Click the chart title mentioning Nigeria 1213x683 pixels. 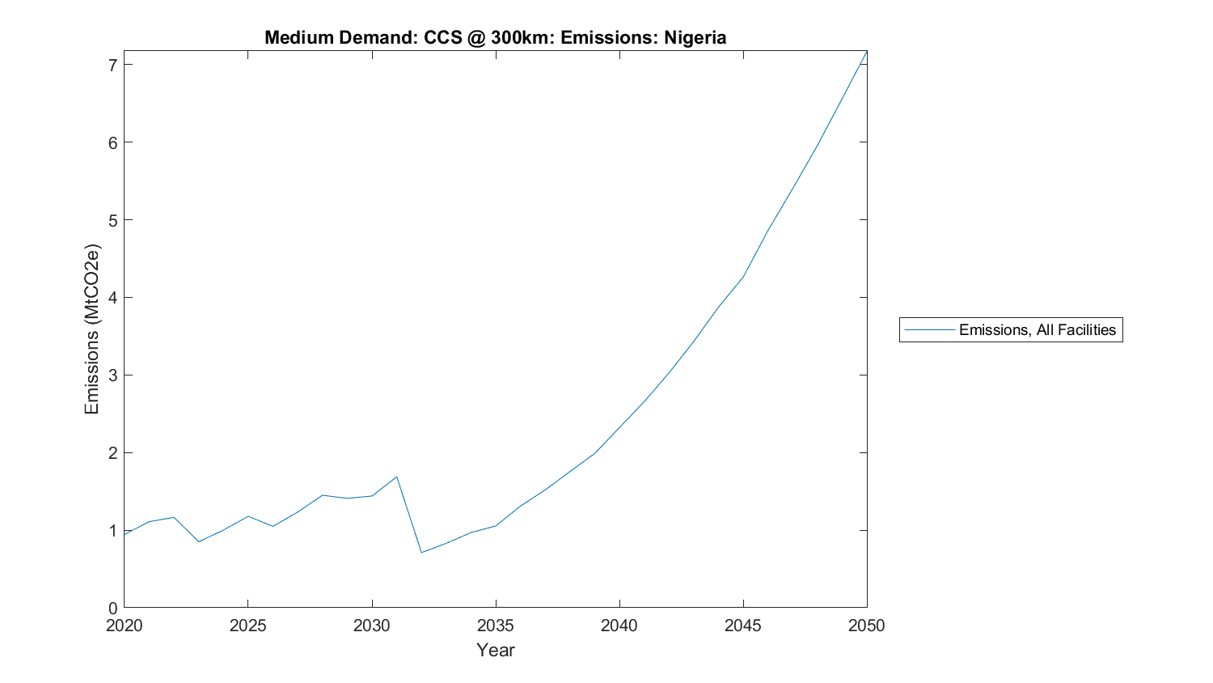tap(495, 37)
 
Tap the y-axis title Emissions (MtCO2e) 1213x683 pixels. tap(92, 329)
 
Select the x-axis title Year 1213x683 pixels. tap(495, 650)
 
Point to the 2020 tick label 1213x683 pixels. tap(124, 626)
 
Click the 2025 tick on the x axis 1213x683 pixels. tap(247, 626)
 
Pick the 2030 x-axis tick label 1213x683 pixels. tap(371, 626)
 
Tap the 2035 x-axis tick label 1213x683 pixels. tap(495, 626)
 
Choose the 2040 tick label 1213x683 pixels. tap(619, 626)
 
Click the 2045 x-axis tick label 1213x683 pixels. tap(742, 626)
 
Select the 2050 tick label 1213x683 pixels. tap(867, 626)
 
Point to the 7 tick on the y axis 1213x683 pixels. tap(112, 65)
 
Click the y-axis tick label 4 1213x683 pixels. tap(112, 298)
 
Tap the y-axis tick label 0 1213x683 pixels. tap(112, 609)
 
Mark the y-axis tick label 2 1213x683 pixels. tap(112, 453)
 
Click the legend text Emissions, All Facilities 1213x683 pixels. tap(1037, 329)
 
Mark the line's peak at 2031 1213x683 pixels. tap(396, 477)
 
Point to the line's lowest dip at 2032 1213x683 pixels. tap(421, 553)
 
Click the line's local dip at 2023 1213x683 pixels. tap(198, 541)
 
